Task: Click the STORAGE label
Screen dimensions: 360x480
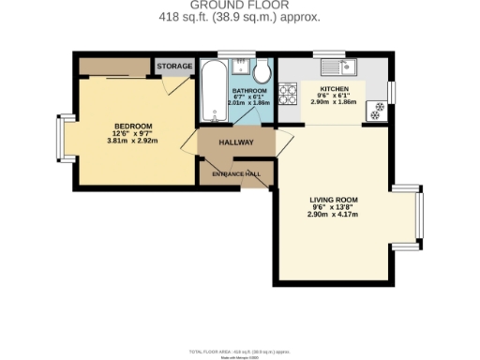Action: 174,67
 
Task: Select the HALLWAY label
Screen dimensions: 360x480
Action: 236,142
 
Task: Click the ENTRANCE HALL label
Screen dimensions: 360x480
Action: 236,175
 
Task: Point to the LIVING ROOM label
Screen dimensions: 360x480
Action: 335,200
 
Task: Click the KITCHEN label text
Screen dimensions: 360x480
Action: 336,89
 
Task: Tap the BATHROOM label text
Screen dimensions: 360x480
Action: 250,90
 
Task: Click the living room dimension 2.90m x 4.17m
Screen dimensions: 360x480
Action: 335,215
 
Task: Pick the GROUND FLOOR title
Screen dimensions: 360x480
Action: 240,5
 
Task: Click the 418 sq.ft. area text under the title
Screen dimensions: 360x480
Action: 240,17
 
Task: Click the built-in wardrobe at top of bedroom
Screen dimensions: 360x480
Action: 113,67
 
